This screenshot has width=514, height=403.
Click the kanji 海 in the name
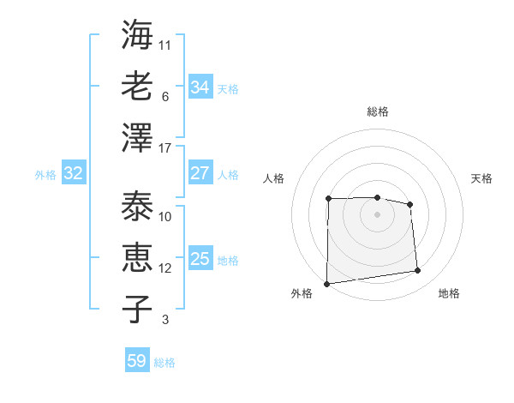click(137, 36)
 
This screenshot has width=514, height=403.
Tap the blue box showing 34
click(200, 87)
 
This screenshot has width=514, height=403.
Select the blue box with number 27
click(200, 173)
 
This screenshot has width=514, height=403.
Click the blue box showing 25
click(200, 259)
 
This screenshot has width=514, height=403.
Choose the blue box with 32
click(74, 173)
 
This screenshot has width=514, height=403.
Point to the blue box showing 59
click(136, 361)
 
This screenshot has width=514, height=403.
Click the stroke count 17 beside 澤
click(165, 147)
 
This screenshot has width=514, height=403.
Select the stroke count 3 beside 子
click(165, 320)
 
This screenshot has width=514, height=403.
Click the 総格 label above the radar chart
click(378, 111)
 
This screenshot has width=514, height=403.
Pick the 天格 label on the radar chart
click(481, 178)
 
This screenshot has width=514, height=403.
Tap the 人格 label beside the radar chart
click(274, 178)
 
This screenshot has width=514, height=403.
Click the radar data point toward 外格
click(326, 284)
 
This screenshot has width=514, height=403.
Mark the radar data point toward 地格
click(418, 271)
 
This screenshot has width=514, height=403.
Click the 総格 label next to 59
click(165, 363)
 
